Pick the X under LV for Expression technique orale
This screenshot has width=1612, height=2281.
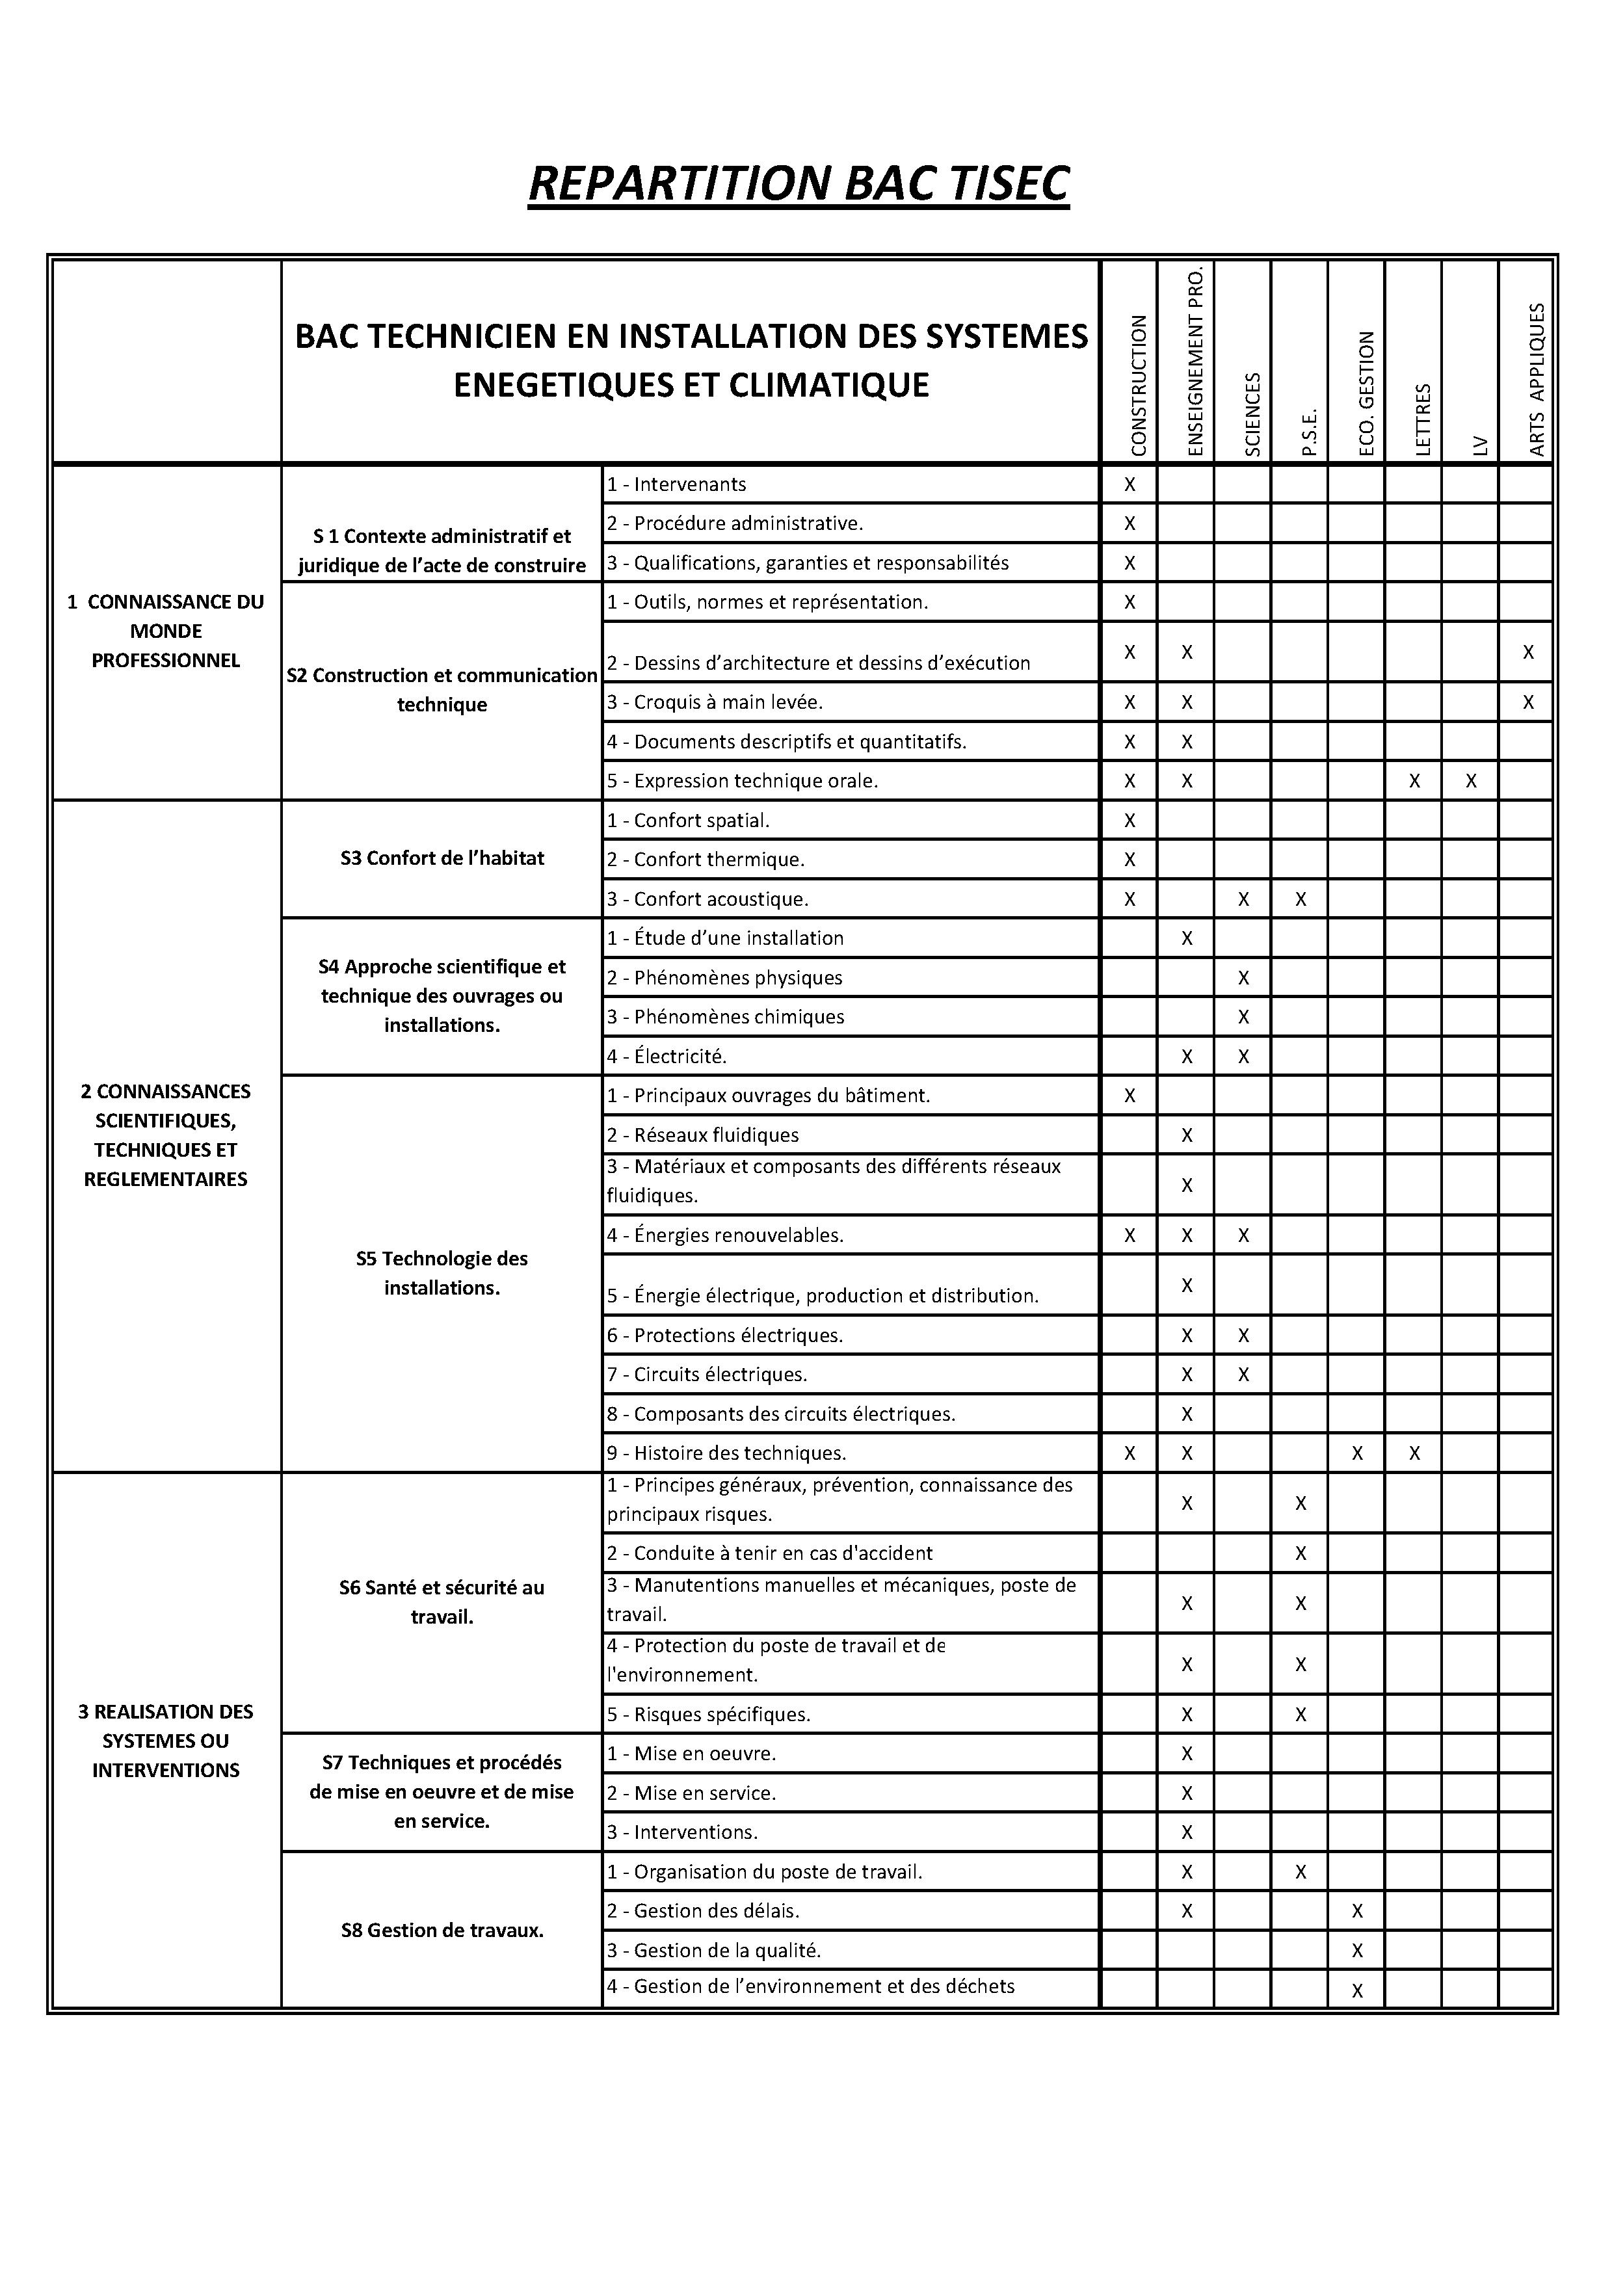(1471, 781)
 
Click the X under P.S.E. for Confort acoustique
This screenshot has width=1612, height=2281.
(1301, 899)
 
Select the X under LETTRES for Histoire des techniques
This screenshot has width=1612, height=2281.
(1414, 1453)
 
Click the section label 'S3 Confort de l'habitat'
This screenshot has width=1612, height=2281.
(442, 858)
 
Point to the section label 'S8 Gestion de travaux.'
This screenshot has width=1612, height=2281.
(442, 1931)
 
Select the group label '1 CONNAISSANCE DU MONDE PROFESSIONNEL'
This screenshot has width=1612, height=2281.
(166, 631)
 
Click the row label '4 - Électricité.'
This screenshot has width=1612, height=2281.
(667, 1056)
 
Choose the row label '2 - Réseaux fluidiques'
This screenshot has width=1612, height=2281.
(702, 1135)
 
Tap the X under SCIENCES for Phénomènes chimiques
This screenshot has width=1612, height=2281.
(1243, 1018)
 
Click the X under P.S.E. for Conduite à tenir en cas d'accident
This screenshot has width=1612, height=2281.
(1301, 1554)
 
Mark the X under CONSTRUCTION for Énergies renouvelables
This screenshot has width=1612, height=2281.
(1130, 1236)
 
